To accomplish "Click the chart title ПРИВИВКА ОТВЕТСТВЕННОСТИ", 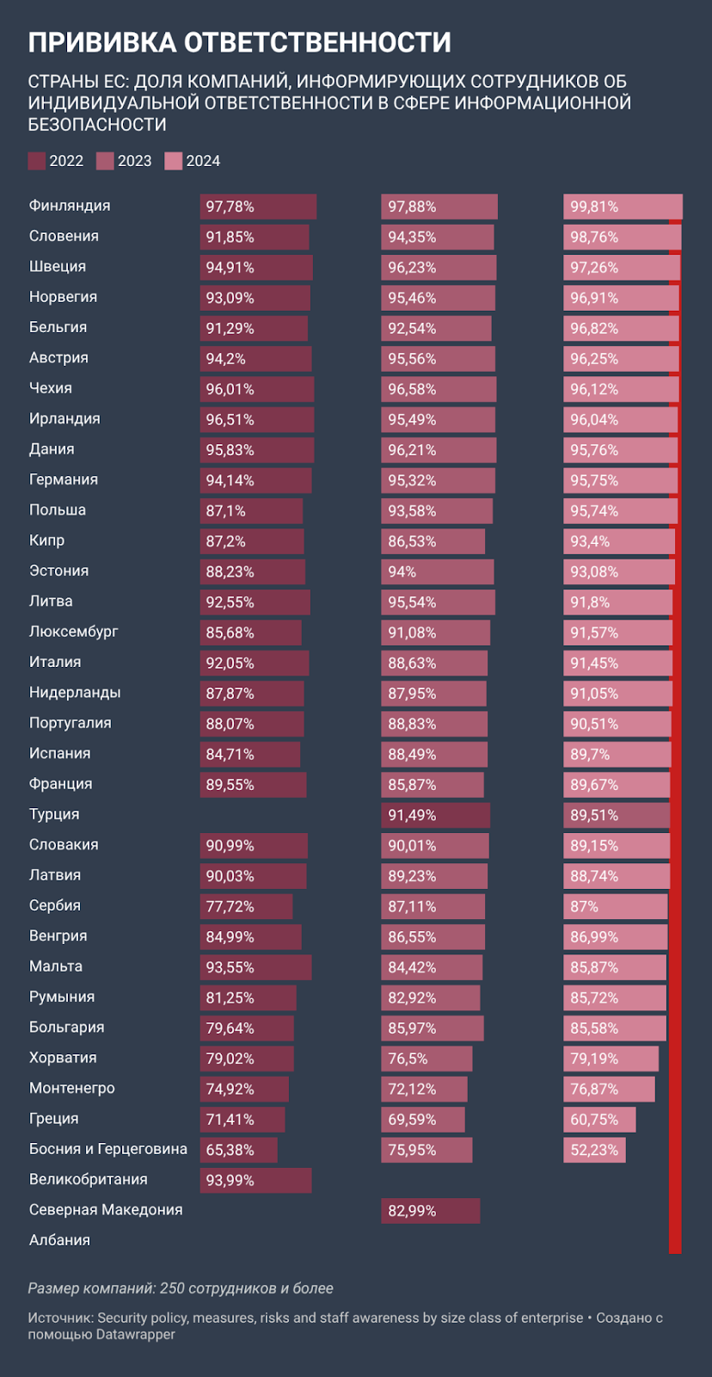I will tap(239, 42).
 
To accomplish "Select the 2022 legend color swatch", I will tap(37, 161).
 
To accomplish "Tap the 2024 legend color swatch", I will tap(174, 161).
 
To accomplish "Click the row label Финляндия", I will tap(70, 206).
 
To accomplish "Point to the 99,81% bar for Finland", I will tap(623, 207).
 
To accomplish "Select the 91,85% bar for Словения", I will tap(255, 237).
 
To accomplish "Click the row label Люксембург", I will tap(74, 632).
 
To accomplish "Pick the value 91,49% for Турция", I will tap(412, 815).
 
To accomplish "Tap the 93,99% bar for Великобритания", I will tap(255, 1180).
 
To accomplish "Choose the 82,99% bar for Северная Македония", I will tap(430, 1211).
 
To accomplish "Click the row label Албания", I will tap(59, 1240).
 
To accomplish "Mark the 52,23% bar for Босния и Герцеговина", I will tap(594, 1150).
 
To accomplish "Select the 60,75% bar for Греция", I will tap(599, 1120).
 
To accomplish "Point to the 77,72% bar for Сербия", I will tap(246, 906).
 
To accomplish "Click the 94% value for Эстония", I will tap(402, 571).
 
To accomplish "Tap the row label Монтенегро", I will tap(72, 1088).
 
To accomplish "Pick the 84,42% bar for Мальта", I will tap(432, 967).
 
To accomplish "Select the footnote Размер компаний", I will tap(181, 1288).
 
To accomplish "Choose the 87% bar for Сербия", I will tap(615, 906).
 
